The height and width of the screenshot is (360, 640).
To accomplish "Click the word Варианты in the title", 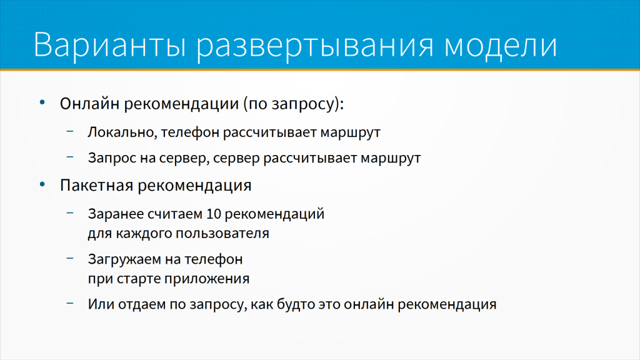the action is point(110,44).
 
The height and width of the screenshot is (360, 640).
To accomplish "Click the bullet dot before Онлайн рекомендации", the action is point(42,102).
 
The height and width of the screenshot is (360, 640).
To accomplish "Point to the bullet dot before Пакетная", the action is point(42,184).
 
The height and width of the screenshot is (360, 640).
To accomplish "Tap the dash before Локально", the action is point(70,131).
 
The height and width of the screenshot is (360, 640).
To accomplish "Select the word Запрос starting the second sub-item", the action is point(112,158).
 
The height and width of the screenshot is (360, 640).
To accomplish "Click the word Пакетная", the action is point(96,185).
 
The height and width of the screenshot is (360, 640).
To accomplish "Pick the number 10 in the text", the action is point(214,214).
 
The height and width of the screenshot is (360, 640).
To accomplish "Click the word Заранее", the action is point(116,214).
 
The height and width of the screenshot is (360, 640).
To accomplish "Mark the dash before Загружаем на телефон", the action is point(70,258).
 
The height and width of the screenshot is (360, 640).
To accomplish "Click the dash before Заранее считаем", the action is point(70,213).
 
